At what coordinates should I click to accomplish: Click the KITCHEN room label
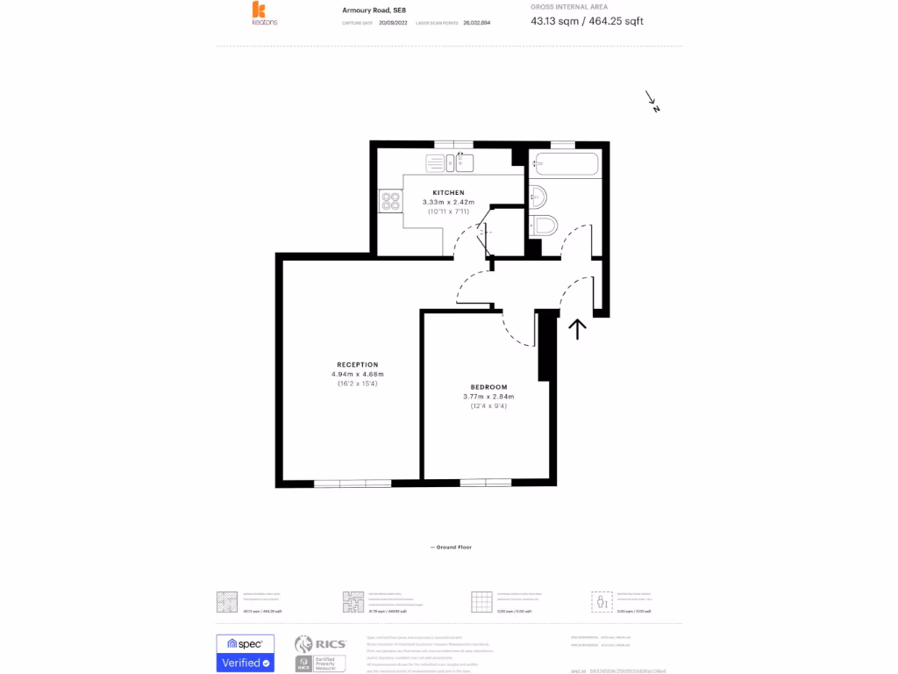(448, 192)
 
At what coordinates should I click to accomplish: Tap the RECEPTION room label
(358, 364)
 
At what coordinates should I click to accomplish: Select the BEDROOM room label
(488, 387)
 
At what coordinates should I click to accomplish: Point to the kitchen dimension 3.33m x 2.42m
(448, 202)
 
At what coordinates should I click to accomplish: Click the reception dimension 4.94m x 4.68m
(358, 374)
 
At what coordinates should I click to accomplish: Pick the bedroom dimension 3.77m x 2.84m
(488, 397)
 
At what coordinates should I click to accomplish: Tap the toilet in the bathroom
(544, 226)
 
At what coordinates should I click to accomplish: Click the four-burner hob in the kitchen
(390, 202)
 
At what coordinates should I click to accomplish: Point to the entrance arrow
(577, 328)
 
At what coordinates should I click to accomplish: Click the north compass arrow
(652, 102)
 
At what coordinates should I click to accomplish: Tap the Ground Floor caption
(451, 547)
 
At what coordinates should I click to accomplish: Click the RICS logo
(320, 654)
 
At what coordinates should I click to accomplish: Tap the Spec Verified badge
(245, 654)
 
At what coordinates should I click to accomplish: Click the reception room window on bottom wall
(353, 483)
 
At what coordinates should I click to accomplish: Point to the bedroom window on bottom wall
(485, 483)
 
